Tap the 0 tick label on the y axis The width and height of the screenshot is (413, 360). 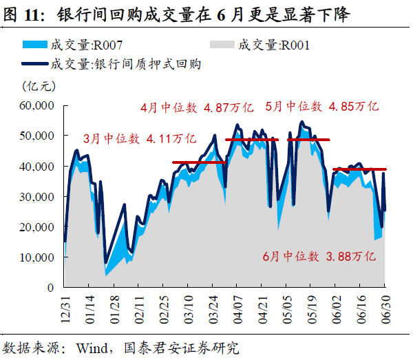point(50,287)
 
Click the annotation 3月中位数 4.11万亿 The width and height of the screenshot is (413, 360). point(140,138)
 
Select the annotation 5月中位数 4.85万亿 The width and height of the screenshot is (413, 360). point(322,107)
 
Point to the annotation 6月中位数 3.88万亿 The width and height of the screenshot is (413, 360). point(319,256)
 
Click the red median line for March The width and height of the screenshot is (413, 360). point(199,162)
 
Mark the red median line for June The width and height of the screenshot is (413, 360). point(359,169)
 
